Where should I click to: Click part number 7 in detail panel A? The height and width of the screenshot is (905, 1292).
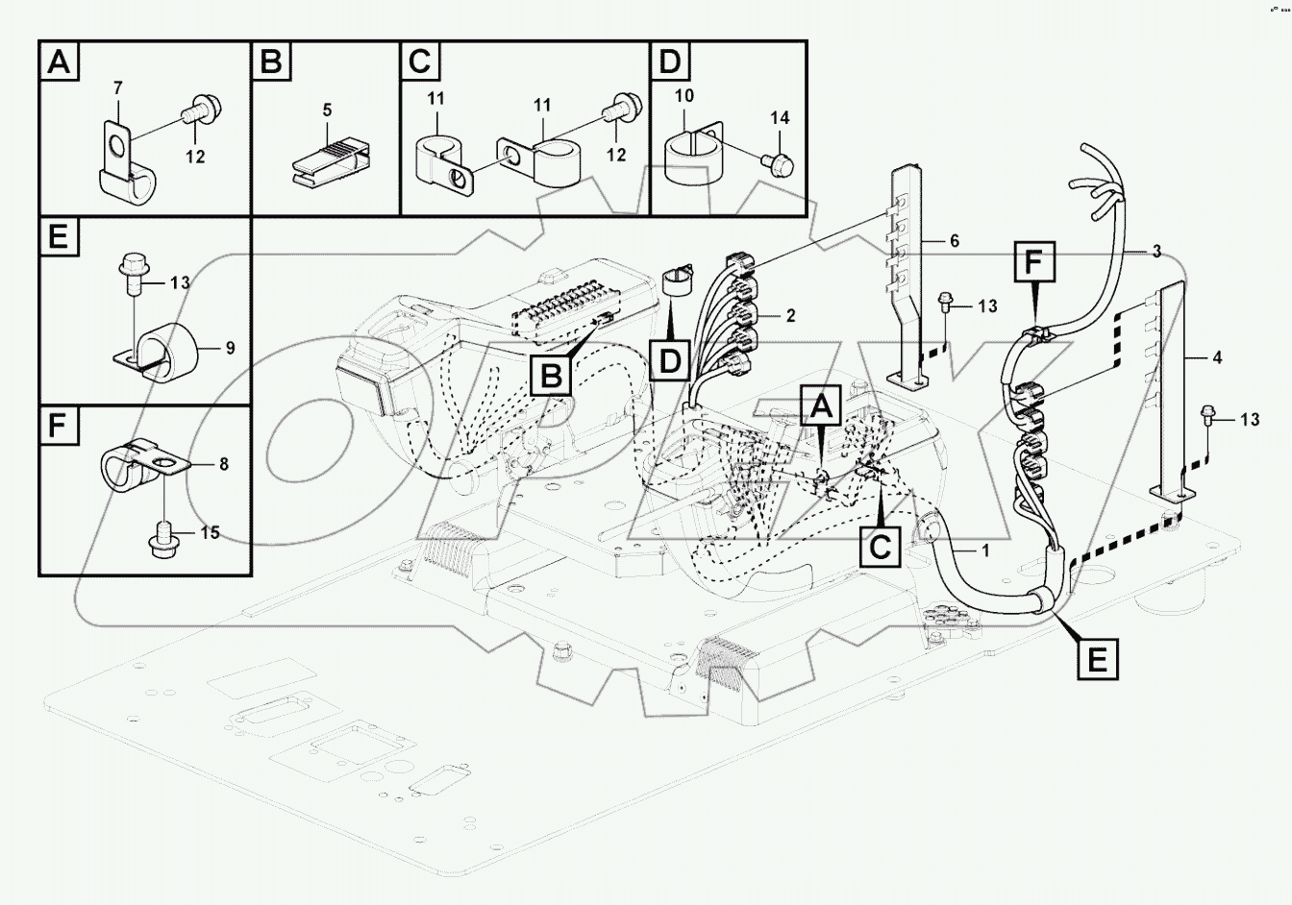117,88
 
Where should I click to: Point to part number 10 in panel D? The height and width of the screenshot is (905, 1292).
684,97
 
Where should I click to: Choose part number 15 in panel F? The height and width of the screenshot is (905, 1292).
210,532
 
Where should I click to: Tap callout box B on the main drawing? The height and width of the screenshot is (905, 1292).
551,376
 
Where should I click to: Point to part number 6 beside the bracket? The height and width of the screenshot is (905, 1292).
954,241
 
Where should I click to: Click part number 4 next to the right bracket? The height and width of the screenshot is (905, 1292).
1217,357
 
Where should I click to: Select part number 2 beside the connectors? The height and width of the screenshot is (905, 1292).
789,315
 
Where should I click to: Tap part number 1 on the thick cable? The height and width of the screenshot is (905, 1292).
984,550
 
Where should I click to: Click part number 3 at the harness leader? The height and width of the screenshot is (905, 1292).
1156,251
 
